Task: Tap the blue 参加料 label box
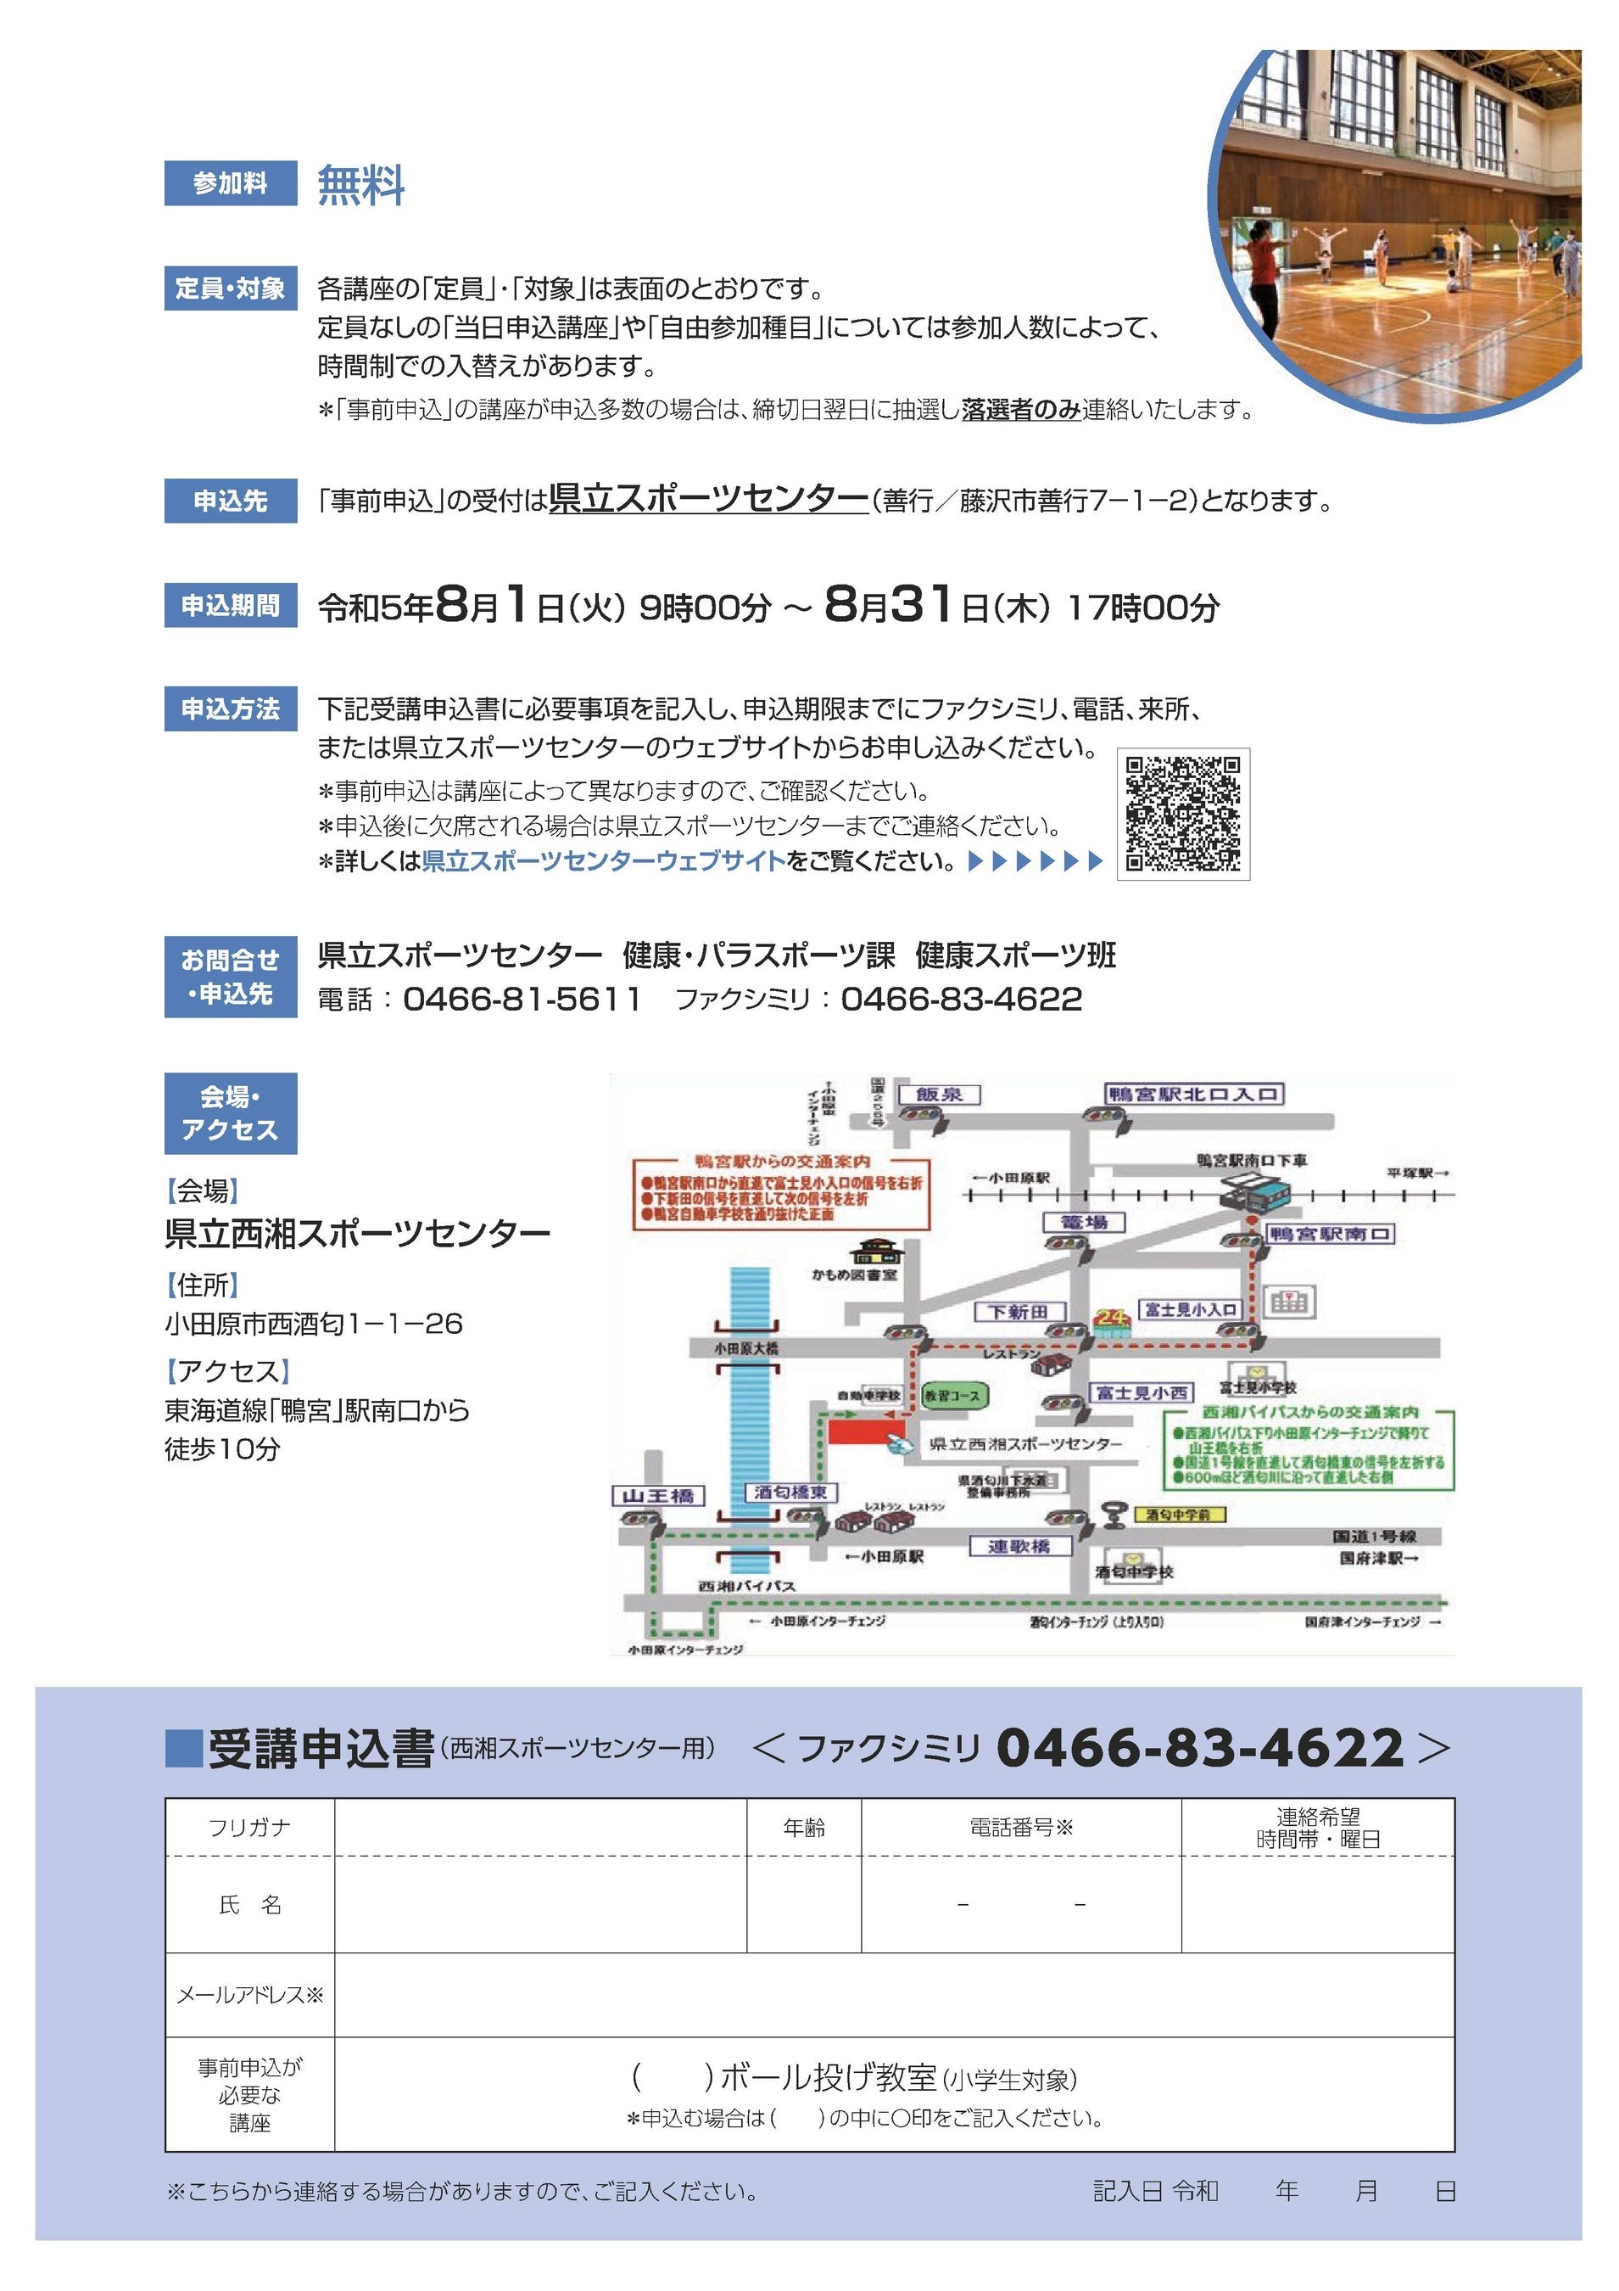pos(231,183)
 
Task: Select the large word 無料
pos(360,186)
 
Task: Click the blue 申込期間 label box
pos(231,606)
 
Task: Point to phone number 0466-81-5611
pos(521,999)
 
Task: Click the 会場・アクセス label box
pos(231,1113)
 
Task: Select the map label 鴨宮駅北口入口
pos(1193,1095)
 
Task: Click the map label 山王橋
pos(657,1496)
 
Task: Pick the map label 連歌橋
pos(1019,1547)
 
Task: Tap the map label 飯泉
pos(939,1095)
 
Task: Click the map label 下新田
pos(1018,1311)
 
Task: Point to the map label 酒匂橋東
pos(791,1493)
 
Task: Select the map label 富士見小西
pos(1142,1392)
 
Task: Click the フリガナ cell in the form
pos(249,1828)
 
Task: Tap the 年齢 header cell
pos(804,1828)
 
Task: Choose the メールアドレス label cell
pos(249,1995)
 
